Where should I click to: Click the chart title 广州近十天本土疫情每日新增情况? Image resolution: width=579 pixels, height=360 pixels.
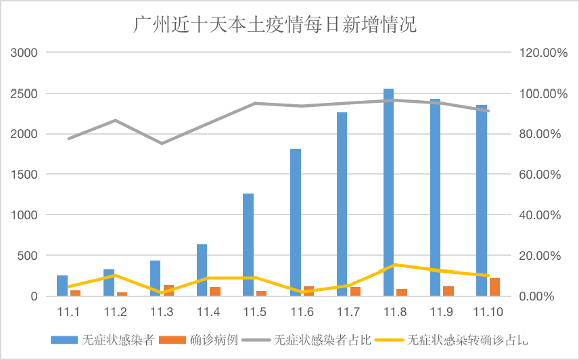pyautogui.click(x=274, y=25)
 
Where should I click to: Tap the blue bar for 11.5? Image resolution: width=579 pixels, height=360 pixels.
pyautogui.click(x=248, y=245)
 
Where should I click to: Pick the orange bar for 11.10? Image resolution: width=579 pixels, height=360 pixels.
pyautogui.click(x=494, y=287)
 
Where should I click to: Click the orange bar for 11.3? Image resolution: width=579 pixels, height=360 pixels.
pyautogui.click(x=168, y=290)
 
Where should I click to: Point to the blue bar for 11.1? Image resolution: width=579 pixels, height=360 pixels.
pyautogui.click(x=62, y=286)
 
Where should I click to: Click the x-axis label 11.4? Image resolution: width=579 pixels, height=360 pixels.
pyautogui.click(x=208, y=312)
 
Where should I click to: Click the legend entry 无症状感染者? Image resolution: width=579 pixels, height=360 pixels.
pyautogui.click(x=112, y=339)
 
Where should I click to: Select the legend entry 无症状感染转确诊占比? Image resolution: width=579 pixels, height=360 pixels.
pyautogui.click(x=467, y=339)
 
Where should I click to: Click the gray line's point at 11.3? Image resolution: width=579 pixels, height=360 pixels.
pyautogui.click(x=161, y=143)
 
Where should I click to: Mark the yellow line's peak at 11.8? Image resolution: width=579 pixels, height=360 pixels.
pyautogui.click(x=394, y=265)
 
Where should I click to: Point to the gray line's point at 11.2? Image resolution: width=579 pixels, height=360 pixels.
pyautogui.click(x=115, y=120)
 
